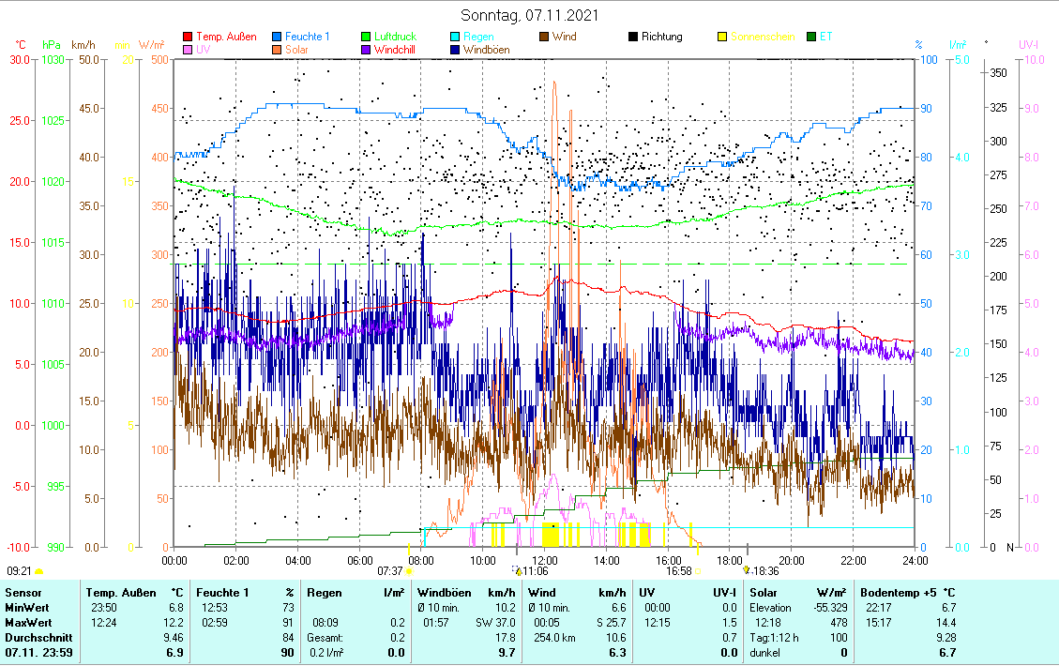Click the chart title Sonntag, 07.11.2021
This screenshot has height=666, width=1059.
[530, 15]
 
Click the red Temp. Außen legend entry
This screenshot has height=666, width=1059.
[226, 37]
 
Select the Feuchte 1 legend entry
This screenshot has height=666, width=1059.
[307, 37]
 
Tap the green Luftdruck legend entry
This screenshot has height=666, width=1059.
[395, 37]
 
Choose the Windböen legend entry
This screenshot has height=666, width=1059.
[486, 50]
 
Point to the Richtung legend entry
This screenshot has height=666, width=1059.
[661, 37]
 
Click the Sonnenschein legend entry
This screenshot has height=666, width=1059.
[762, 37]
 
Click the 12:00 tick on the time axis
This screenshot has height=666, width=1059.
[544, 560]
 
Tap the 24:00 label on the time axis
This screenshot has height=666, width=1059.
[915, 560]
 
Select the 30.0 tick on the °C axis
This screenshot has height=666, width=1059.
[18, 60]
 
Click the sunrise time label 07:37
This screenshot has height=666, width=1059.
[390, 570]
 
